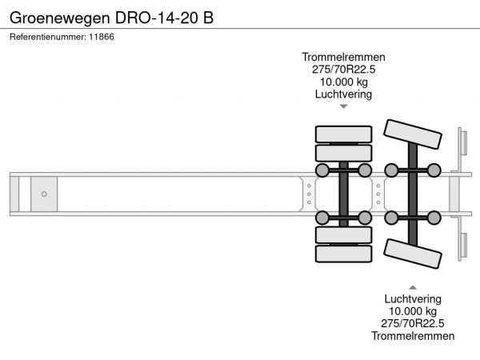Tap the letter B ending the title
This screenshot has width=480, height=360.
pos(208,17)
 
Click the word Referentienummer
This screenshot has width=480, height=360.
pos(47,37)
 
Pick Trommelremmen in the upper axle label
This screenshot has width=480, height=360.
pos(344,57)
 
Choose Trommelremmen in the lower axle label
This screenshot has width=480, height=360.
pos(413,336)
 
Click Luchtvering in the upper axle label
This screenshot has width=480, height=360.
pos(344,94)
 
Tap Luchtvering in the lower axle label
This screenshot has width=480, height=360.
pos(413,298)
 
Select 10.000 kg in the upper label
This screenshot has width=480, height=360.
pos(344,82)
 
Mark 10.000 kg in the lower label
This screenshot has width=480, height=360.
pos(413,311)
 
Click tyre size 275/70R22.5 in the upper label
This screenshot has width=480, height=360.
pos(344,70)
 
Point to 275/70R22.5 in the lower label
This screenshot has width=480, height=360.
pos(413,323)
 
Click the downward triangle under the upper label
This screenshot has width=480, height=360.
pos(344,106)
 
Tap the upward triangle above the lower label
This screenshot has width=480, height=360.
pos(413,286)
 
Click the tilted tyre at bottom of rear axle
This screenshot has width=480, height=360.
pos(413,254)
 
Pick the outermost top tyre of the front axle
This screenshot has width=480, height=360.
pos(344,134)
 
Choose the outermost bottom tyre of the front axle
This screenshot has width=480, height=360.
pos(344,254)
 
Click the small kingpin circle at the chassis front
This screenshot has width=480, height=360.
pos(44,194)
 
